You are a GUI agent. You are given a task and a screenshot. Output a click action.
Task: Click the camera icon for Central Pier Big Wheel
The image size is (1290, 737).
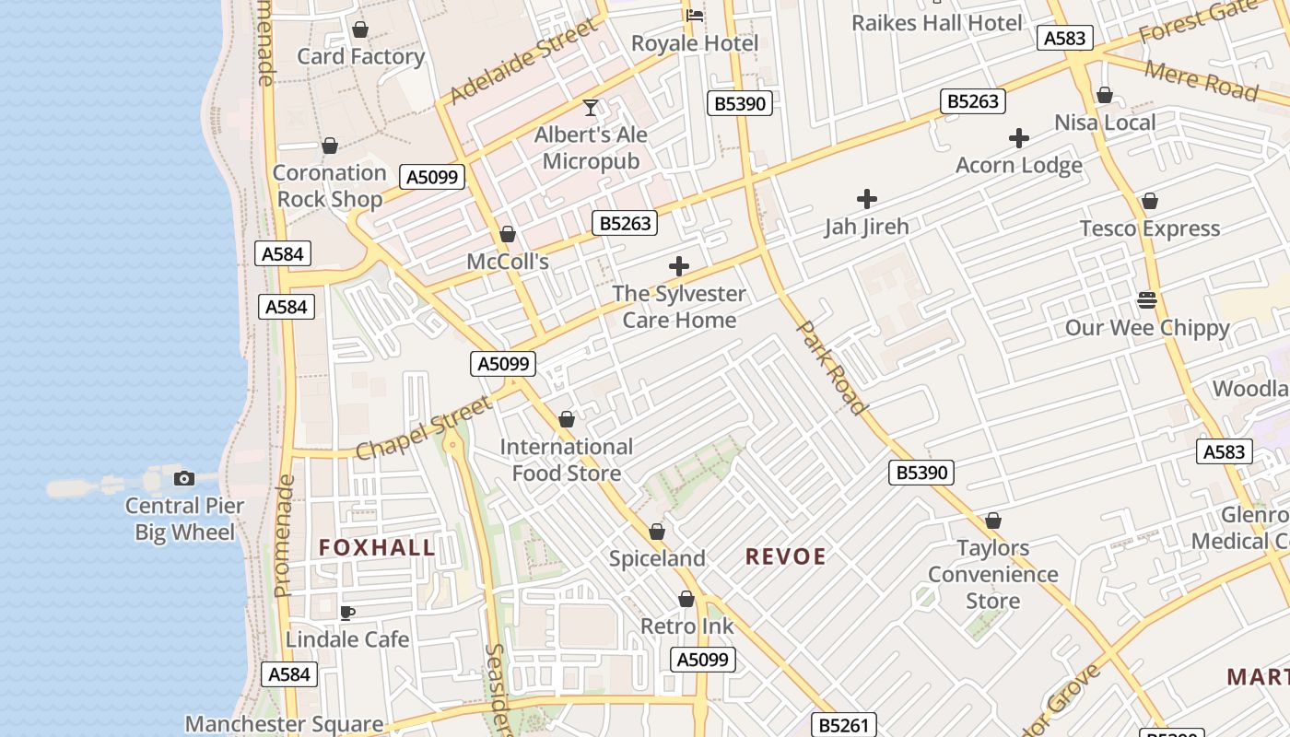pos(184,478)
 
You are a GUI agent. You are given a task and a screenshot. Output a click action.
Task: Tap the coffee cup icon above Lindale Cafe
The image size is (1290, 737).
pos(347,613)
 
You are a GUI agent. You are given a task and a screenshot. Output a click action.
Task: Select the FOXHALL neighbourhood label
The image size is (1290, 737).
pos(377,547)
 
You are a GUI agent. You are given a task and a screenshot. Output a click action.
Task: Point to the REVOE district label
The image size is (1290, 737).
pos(785,556)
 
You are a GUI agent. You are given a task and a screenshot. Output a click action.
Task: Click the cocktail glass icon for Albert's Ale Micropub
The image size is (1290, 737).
pos(591,108)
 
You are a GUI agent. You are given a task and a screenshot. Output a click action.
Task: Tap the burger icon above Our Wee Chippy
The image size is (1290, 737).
pos(1147,299)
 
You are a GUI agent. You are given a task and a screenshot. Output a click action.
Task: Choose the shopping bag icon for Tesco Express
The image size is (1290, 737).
pos(1149,201)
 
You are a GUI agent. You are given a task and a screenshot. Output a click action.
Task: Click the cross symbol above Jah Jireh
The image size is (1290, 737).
pos(866,198)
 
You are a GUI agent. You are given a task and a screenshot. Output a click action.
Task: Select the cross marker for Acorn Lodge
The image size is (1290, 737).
pos(1018,138)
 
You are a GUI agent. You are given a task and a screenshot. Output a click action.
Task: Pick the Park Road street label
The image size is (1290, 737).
pos(831,368)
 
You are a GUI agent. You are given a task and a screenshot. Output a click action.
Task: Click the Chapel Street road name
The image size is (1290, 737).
pos(424,428)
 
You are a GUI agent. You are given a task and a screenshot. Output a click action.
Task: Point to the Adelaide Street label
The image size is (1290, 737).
pos(523,63)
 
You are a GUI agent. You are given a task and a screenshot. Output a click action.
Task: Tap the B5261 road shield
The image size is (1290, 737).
pos(843,725)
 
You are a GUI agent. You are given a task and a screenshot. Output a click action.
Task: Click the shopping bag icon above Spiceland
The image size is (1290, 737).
pos(657,532)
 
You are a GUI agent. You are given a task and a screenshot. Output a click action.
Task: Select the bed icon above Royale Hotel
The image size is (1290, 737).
pos(695,15)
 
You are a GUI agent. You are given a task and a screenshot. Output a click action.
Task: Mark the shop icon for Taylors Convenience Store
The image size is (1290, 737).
pos(992,521)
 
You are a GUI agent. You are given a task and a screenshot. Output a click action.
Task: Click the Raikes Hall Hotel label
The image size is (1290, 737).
pos(936,23)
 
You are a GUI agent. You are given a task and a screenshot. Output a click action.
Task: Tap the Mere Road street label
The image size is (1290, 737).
pos(1201,80)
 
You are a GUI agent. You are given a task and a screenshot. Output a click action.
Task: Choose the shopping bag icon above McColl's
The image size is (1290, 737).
pos(507,235)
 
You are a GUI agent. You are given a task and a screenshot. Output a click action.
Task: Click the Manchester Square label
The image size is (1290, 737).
pos(284,724)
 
